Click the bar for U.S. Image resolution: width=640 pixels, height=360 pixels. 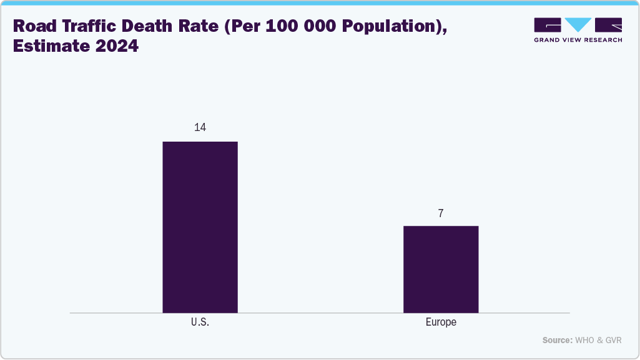[x=200, y=227]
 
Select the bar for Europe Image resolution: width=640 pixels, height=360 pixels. [x=441, y=269]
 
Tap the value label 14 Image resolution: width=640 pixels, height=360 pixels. [x=200, y=127]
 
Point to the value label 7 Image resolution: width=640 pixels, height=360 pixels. [x=441, y=213]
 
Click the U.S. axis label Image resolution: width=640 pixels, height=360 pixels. [x=200, y=323]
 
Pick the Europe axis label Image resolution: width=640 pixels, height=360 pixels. [x=441, y=323]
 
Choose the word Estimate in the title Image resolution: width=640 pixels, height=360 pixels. [x=47, y=47]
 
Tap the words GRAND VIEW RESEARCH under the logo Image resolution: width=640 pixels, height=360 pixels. [x=578, y=40]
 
